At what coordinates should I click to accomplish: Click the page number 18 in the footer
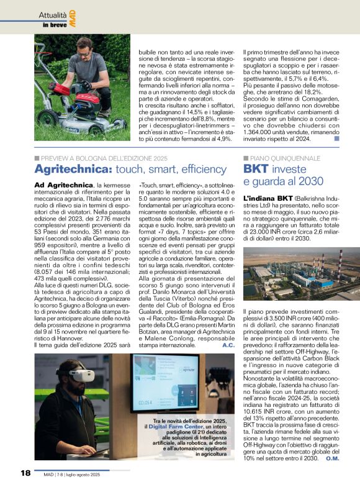point(25,474)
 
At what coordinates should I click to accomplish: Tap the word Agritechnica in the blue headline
point(63,168)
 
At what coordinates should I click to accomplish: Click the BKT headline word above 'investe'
point(256,168)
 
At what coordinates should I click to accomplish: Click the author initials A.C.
point(228,344)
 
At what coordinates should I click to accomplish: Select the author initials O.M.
point(332,458)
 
